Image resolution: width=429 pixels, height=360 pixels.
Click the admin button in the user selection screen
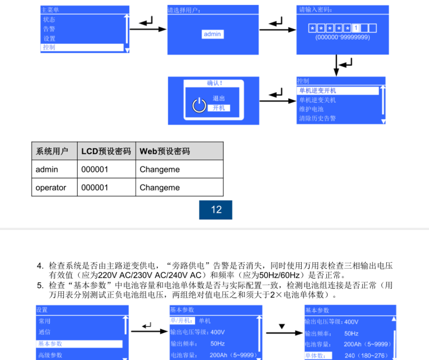[x=213, y=34]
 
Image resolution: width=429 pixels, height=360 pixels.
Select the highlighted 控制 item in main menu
[x=82, y=47]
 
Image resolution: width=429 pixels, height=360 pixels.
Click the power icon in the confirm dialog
[x=199, y=105]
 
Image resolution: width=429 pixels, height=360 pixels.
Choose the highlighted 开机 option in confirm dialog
[x=218, y=108]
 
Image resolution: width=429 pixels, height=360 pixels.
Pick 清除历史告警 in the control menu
[x=317, y=118]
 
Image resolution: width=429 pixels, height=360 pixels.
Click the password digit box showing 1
[x=356, y=28]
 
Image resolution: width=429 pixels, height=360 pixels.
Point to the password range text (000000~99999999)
[x=342, y=37]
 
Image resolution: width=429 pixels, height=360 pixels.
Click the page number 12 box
[x=216, y=210]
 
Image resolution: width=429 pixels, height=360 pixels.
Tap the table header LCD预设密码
[x=106, y=151]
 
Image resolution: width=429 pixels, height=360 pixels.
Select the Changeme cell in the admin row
[x=160, y=170]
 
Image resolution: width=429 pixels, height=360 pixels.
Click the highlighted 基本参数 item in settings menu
[x=79, y=344]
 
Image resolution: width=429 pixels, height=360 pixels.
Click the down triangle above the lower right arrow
[x=281, y=327]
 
